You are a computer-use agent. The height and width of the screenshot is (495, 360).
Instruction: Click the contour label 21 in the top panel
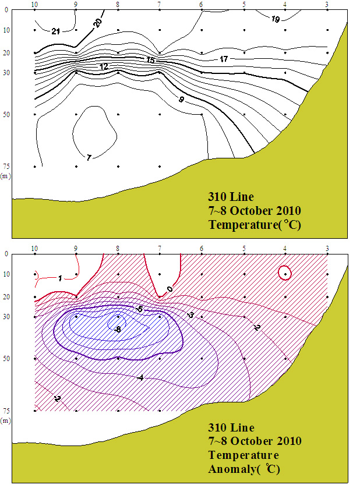pyautogui.click(x=56, y=31)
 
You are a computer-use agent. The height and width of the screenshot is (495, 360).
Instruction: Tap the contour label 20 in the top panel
pyautogui.click(x=98, y=22)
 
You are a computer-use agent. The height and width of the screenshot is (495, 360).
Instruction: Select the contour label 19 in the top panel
pyautogui.click(x=276, y=20)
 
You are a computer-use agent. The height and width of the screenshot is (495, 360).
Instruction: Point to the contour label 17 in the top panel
pyautogui.click(x=224, y=59)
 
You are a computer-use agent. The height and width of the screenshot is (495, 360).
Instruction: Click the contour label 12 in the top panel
pyautogui.click(x=104, y=67)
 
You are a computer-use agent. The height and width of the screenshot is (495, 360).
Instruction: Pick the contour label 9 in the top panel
pyautogui.click(x=181, y=100)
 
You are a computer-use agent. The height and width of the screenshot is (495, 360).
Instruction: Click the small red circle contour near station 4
pyautogui.click(x=285, y=273)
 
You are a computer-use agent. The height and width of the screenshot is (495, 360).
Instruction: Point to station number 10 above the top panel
pyautogui.click(x=35, y=5)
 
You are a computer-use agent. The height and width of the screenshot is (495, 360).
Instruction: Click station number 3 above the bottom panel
pyautogui.click(x=327, y=249)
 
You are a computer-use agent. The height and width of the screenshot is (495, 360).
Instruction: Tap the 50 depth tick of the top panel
pyautogui.click(x=5, y=115)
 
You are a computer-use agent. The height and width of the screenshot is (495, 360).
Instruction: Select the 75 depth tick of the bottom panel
pyautogui.click(x=5, y=411)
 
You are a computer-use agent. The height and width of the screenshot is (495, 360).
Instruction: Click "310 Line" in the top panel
pyautogui.click(x=231, y=196)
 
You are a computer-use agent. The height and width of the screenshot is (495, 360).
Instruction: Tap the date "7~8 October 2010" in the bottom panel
pyautogui.click(x=254, y=441)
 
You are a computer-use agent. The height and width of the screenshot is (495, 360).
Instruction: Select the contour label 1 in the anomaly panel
pyautogui.click(x=60, y=278)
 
